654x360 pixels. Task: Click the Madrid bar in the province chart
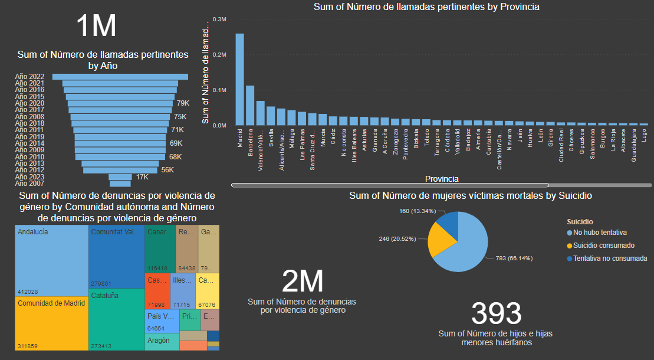pos(240,79)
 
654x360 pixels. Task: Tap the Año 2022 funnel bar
pos(120,76)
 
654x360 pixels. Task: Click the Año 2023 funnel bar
pos(120,177)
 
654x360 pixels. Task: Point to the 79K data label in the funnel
pos(183,103)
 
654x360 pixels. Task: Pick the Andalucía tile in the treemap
pos(51,260)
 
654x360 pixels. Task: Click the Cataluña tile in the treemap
pos(117,319)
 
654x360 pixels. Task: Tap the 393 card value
pos(497,314)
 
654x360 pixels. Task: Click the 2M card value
pos(302,282)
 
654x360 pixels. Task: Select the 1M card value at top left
pos(96,27)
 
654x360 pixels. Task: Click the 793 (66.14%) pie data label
pos(509,258)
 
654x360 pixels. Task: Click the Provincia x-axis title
pos(442,178)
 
